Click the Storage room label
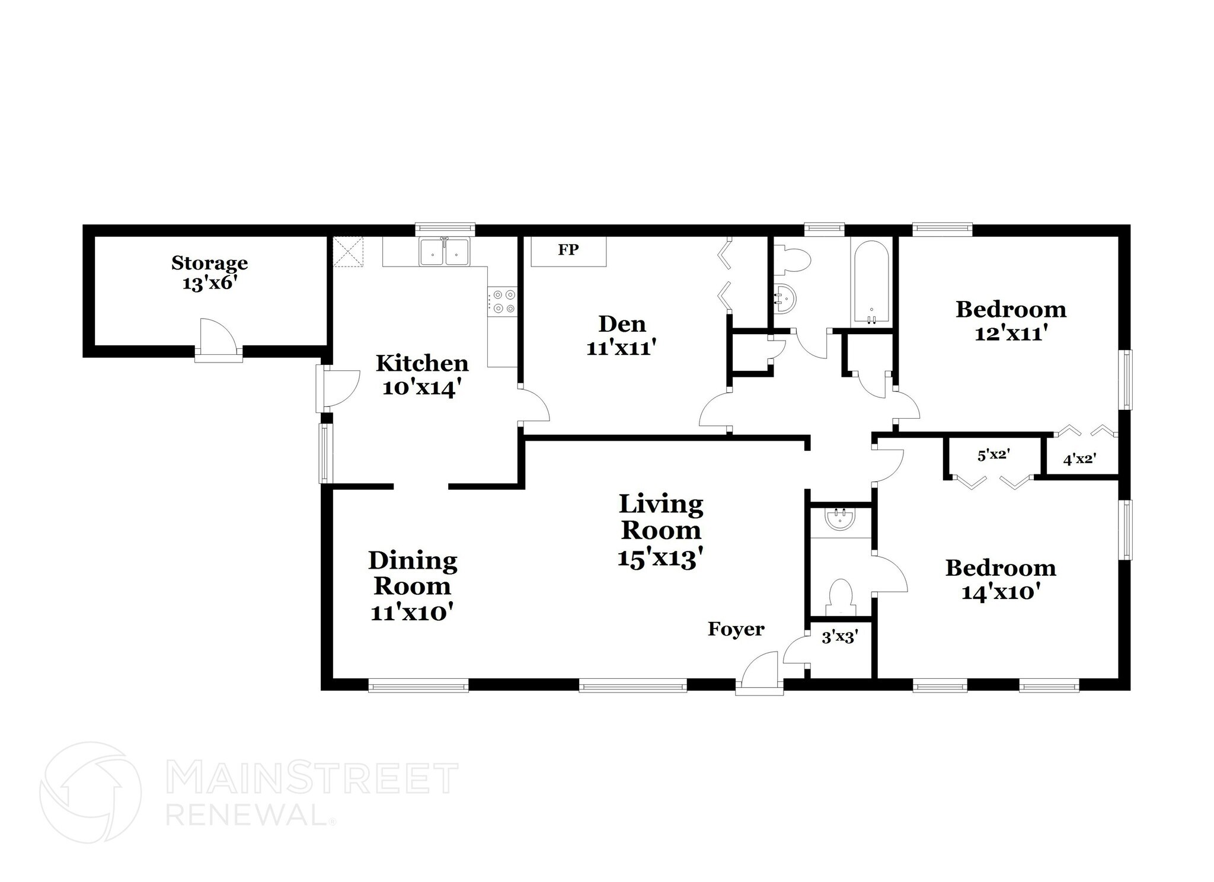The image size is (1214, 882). [x=209, y=262]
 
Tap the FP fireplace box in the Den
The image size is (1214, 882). [x=568, y=251]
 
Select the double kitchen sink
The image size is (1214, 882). [x=444, y=252]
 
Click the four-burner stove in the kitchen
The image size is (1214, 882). [x=503, y=301]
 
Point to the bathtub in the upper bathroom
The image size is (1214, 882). [x=871, y=283]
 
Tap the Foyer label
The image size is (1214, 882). [x=736, y=629]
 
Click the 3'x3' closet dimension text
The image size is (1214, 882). [x=840, y=638]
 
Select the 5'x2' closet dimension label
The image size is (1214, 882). [x=993, y=455]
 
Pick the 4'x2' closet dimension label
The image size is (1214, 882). [x=1078, y=458]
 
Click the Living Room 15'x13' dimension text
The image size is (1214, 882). [x=660, y=559]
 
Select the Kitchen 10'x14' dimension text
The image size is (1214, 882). [x=421, y=389]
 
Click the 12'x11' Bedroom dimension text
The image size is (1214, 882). [x=1009, y=334]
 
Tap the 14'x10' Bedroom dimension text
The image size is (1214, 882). [x=1001, y=592]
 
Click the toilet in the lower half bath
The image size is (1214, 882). [x=840, y=596]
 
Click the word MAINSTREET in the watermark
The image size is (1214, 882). [x=312, y=779]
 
